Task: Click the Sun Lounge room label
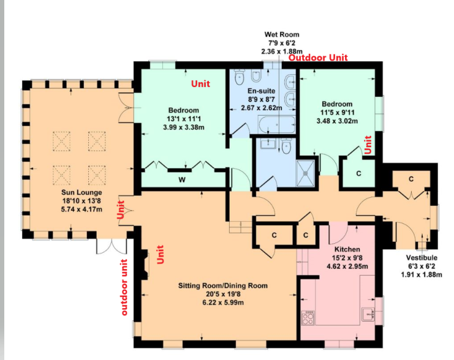pos(81,192)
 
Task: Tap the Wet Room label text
pos(282,34)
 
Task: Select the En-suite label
pos(261,91)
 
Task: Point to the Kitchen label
pos(347,249)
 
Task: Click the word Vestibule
pos(422,258)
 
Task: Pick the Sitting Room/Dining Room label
pos(222,286)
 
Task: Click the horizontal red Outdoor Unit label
pos(318,58)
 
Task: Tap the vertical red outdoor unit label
pos(124,287)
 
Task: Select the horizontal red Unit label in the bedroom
pos(200,84)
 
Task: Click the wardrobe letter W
pos(182,180)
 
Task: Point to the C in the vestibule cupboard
pos(411,179)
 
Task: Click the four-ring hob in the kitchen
pos(308,318)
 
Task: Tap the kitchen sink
pos(368,314)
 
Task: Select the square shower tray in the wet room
pos(305,173)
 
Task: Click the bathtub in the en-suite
pos(277,125)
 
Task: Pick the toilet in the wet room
pos(286,146)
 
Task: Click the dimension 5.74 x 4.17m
pos(81,209)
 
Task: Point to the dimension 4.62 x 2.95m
pos(347,266)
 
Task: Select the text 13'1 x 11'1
pos(184,119)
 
